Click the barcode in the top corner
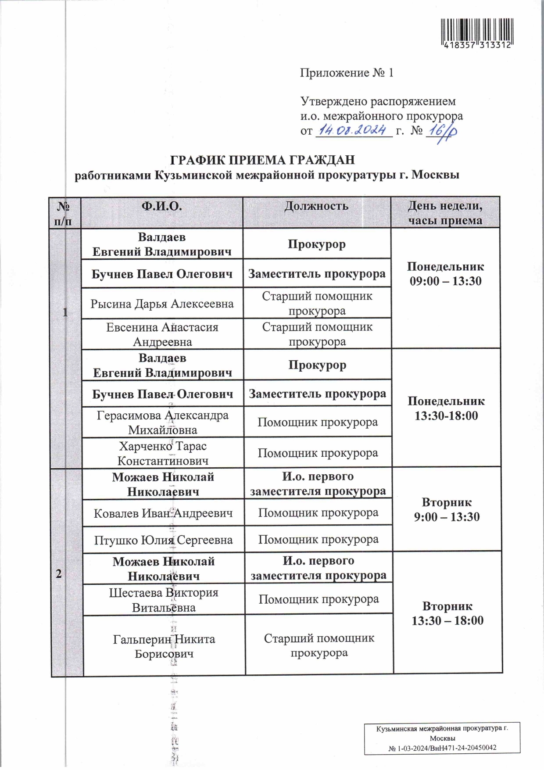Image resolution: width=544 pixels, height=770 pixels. (x=476, y=33)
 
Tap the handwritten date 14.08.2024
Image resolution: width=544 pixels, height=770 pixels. (x=353, y=130)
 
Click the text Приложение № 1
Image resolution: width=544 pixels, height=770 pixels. (x=347, y=73)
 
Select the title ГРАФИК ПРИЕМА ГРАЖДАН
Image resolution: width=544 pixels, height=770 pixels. (x=262, y=160)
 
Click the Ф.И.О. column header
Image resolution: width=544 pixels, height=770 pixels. (x=161, y=206)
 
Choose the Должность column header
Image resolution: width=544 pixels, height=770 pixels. (x=316, y=206)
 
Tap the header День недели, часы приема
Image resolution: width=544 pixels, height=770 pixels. (x=445, y=213)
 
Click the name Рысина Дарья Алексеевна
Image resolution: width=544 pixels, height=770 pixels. (x=162, y=304)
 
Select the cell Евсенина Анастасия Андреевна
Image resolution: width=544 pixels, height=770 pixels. (x=162, y=334)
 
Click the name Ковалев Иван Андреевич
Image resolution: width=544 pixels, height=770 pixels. (x=163, y=513)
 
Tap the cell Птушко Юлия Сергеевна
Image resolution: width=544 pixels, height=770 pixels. (x=163, y=540)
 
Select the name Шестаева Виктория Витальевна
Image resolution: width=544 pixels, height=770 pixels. (x=164, y=600)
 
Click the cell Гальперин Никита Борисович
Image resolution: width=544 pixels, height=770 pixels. (x=164, y=646)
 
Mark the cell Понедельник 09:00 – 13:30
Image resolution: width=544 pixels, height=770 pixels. (x=445, y=274)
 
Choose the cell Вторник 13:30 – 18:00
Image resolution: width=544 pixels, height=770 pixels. (x=447, y=613)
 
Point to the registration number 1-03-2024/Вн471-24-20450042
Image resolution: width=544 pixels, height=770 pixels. (x=442, y=748)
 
